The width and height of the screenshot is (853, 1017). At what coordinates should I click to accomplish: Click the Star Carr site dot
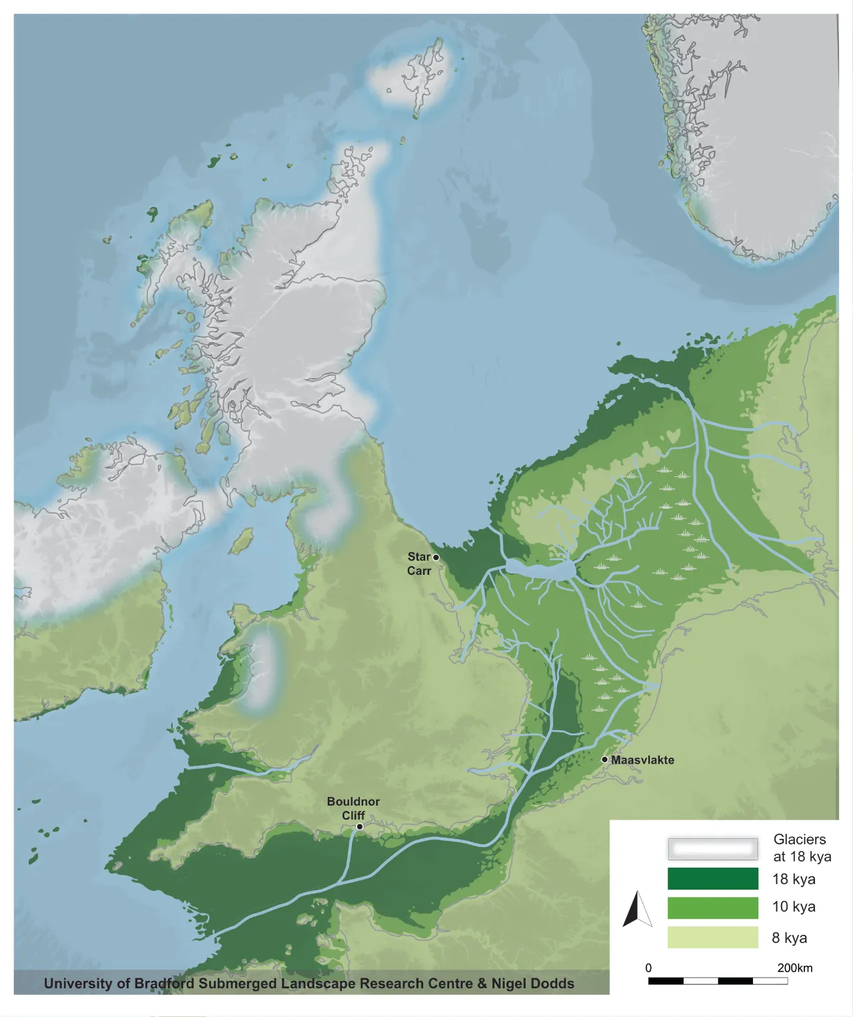[436, 557]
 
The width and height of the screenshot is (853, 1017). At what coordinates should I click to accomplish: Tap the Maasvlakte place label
[642, 760]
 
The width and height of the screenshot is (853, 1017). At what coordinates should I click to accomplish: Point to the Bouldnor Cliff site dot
[359, 826]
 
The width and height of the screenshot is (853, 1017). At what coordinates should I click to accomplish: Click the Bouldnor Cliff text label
[353, 808]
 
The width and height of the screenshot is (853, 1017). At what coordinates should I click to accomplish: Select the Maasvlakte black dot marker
[604, 759]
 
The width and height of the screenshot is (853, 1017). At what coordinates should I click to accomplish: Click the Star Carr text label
[419, 564]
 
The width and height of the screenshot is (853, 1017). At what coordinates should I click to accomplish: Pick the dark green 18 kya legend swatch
[712, 878]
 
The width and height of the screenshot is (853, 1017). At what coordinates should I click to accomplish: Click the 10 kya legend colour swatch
[712, 908]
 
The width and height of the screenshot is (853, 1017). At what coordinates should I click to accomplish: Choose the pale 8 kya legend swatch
[712, 937]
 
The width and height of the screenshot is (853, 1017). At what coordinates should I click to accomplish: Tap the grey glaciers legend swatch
[712, 849]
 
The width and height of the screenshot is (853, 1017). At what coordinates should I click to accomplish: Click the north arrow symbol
[638, 909]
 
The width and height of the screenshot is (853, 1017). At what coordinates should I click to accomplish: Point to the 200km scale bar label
[794, 968]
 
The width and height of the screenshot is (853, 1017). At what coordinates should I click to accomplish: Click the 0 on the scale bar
[648, 968]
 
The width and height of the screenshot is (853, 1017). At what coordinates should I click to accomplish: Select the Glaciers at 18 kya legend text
[802, 848]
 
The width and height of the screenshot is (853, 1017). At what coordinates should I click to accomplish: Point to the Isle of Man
[242, 542]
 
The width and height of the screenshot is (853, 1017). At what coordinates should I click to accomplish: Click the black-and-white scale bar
[718, 981]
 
